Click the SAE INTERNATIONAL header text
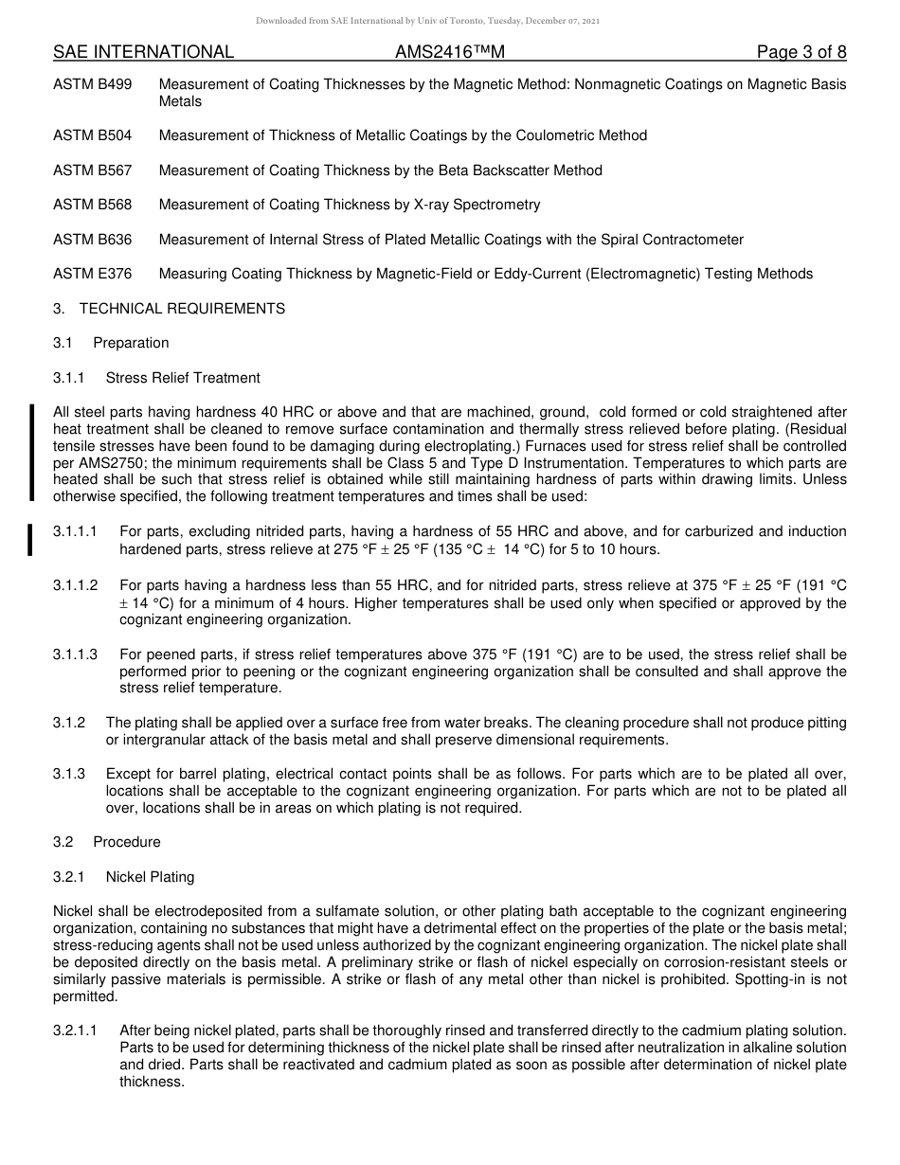(x=143, y=52)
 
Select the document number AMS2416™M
(x=451, y=52)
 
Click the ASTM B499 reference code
(x=93, y=84)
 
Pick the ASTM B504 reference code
(x=93, y=135)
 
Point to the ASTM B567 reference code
(x=93, y=170)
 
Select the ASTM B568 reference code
(x=93, y=205)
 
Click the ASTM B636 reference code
(x=93, y=240)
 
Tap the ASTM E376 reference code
(x=93, y=274)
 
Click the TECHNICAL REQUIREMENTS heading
(x=182, y=309)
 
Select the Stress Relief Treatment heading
(x=183, y=378)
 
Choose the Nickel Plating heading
(x=150, y=877)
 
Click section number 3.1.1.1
(x=75, y=532)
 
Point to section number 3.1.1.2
(x=75, y=585)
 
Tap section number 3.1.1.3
(x=75, y=654)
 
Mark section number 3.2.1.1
(x=75, y=1030)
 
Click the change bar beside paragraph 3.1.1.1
(x=31, y=539)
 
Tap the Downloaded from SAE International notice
(x=427, y=20)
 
